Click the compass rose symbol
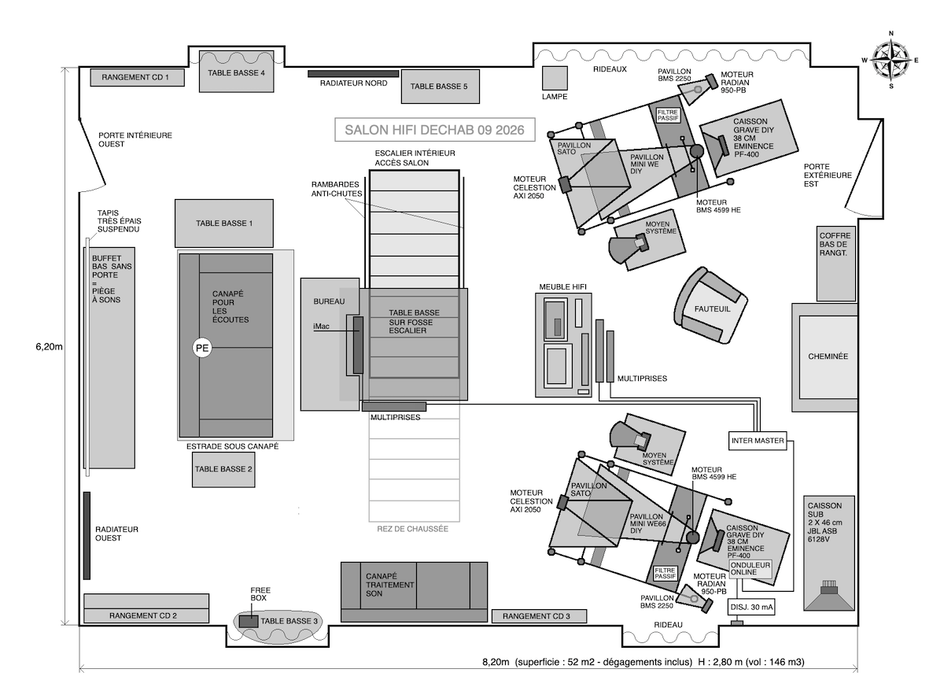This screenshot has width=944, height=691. click(891, 60)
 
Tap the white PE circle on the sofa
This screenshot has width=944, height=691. click(202, 348)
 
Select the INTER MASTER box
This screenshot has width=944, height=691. click(758, 441)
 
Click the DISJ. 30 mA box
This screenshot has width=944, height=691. click(751, 608)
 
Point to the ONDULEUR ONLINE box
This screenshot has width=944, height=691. click(750, 569)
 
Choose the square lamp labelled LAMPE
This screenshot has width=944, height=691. click(555, 79)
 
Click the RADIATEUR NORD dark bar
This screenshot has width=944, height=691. click(353, 74)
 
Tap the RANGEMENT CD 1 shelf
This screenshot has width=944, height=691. click(137, 78)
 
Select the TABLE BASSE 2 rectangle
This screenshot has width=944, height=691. click(223, 470)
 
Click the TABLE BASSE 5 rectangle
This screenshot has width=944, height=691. click(440, 87)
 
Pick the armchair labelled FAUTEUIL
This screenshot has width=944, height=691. click(710, 306)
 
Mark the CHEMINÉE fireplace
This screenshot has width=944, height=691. click(824, 357)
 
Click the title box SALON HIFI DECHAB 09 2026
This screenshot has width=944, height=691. click(435, 130)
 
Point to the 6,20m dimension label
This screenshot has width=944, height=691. click(49, 347)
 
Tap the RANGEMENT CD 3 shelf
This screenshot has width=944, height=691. click(539, 616)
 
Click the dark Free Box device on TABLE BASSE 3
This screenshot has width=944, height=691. click(249, 622)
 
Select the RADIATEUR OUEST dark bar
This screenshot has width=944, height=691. click(87, 536)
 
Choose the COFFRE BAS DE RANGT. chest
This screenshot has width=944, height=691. click(836, 264)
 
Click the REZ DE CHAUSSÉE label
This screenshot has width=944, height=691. click(412, 529)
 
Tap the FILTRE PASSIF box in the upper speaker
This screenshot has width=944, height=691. click(668, 115)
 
